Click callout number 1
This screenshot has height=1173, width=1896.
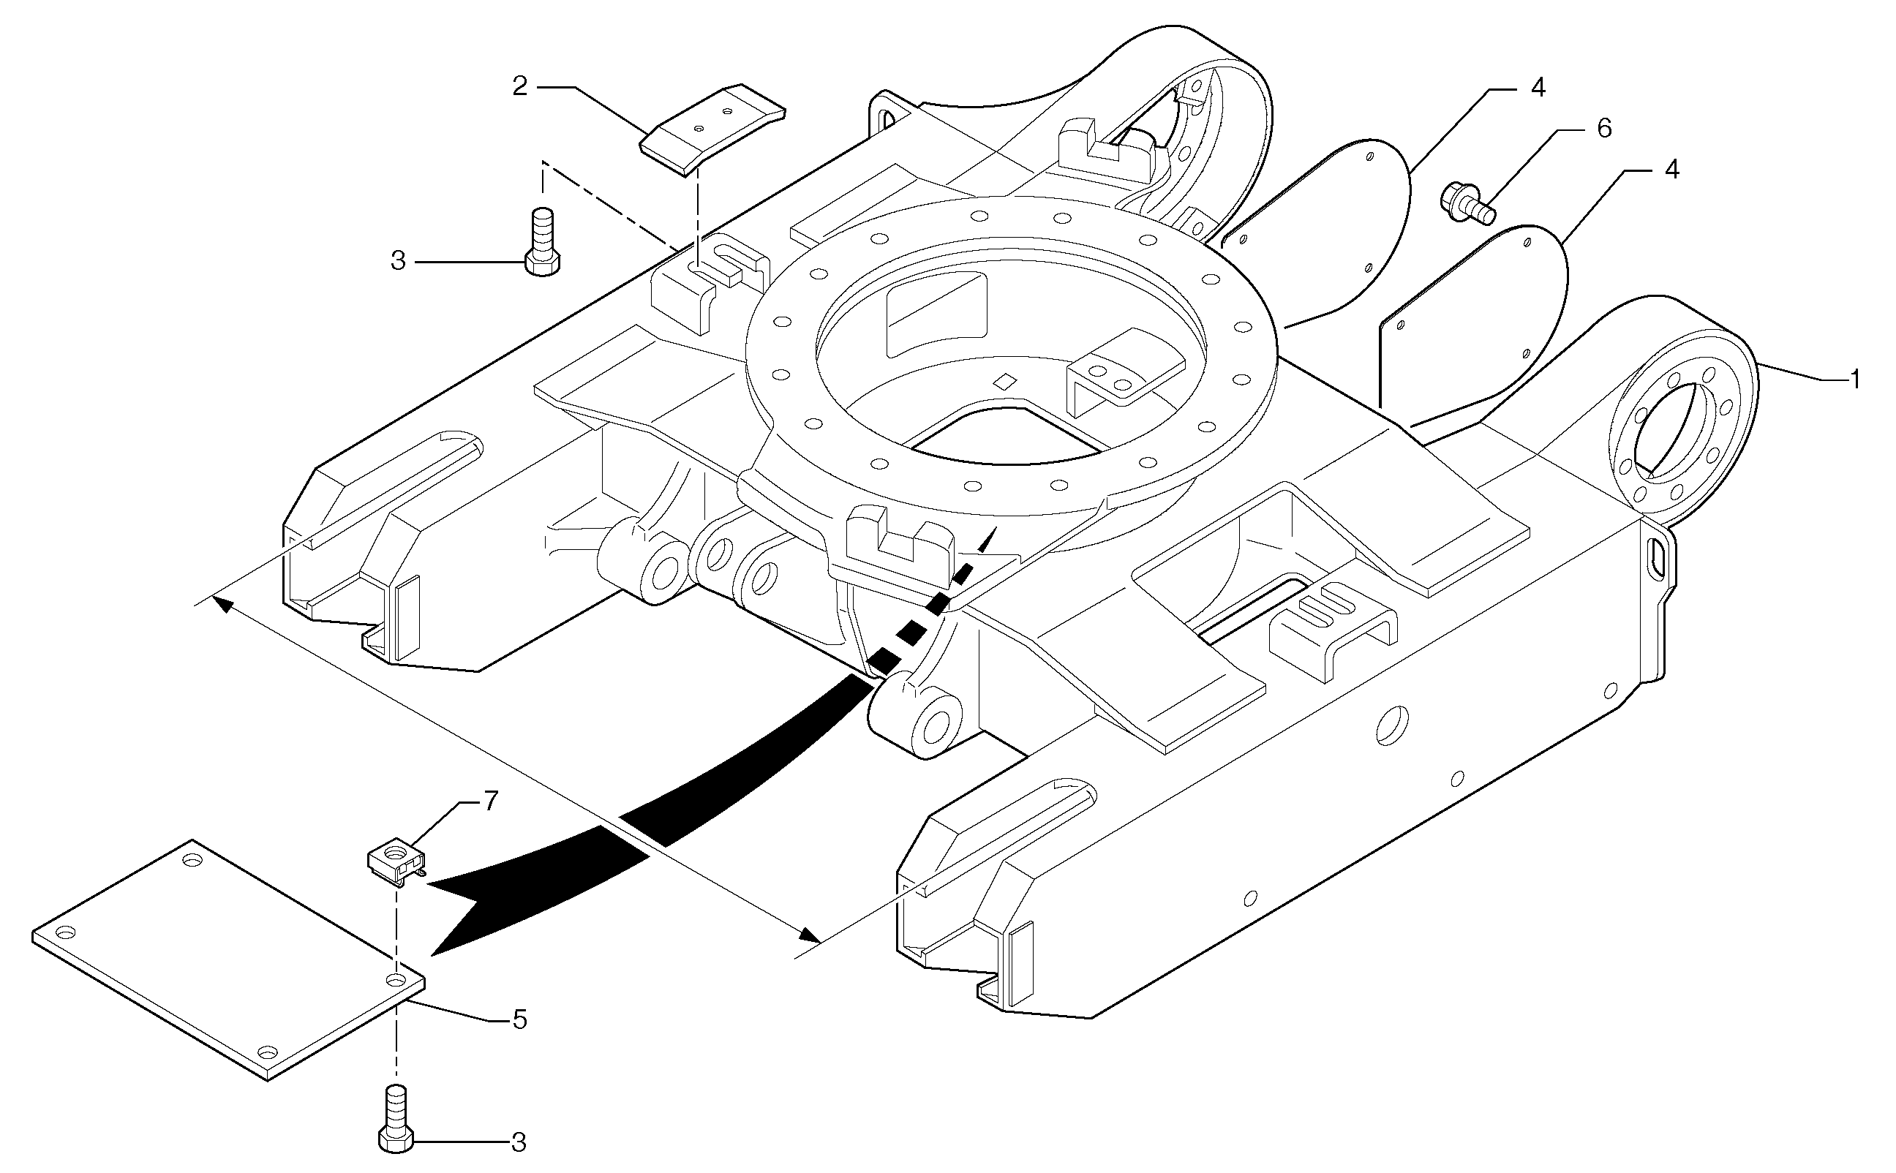point(1854,380)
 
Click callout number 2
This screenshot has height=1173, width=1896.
point(520,86)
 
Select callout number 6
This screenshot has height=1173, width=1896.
point(1604,128)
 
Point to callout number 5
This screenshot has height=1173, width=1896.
point(519,1019)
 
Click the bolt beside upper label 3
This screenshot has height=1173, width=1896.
point(543,241)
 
